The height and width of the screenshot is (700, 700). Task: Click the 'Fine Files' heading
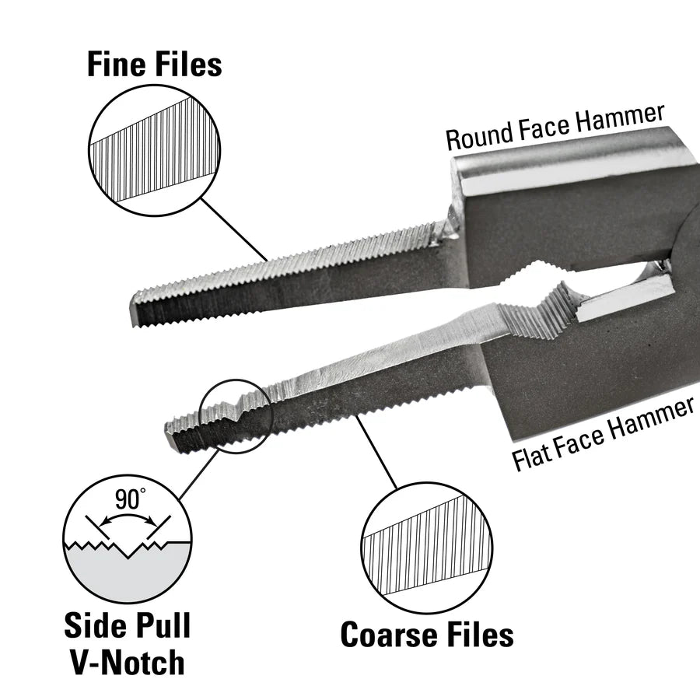(154, 65)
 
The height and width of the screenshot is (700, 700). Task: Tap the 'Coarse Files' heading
(427, 635)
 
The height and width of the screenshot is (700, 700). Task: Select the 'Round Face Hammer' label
(555, 127)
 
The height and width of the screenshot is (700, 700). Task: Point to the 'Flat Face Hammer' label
(604, 436)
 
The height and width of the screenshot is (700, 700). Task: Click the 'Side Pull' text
(127, 625)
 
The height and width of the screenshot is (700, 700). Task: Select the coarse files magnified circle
(427, 549)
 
